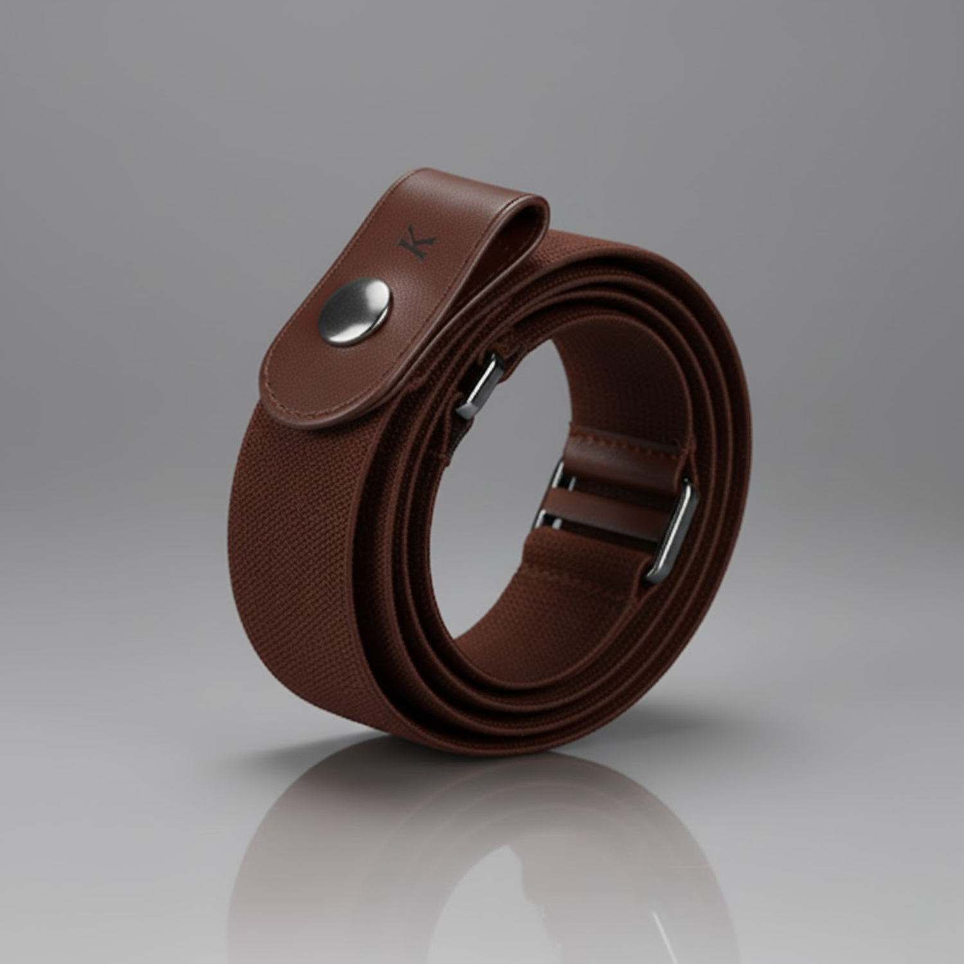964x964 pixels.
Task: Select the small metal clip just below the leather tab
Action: (479, 386)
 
